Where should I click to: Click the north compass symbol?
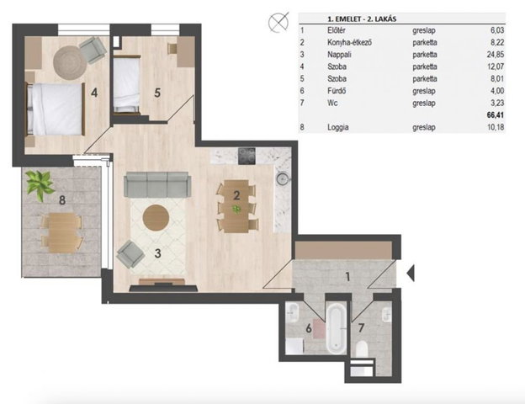(278, 23)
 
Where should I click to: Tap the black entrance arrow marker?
(411, 273)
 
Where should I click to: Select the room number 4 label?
(94, 93)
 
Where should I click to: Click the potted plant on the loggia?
(40, 185)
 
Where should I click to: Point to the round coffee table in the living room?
(156, 217)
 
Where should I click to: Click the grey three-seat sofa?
(157, 184)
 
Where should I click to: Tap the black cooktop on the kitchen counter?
(247, 156)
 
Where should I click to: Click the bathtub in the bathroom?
(337, 328)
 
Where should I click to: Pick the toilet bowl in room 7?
(361, 349)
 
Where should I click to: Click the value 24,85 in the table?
(496, 54)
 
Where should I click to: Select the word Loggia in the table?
(338, 127)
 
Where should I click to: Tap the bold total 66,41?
(496, 115)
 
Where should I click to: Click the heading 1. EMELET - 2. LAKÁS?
(362, 19)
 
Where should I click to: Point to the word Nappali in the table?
(339, 55)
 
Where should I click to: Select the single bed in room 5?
(126, 84)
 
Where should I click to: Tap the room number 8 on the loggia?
(62, 200)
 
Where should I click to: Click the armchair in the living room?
(130, 254)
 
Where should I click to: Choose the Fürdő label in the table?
(337, 91)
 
